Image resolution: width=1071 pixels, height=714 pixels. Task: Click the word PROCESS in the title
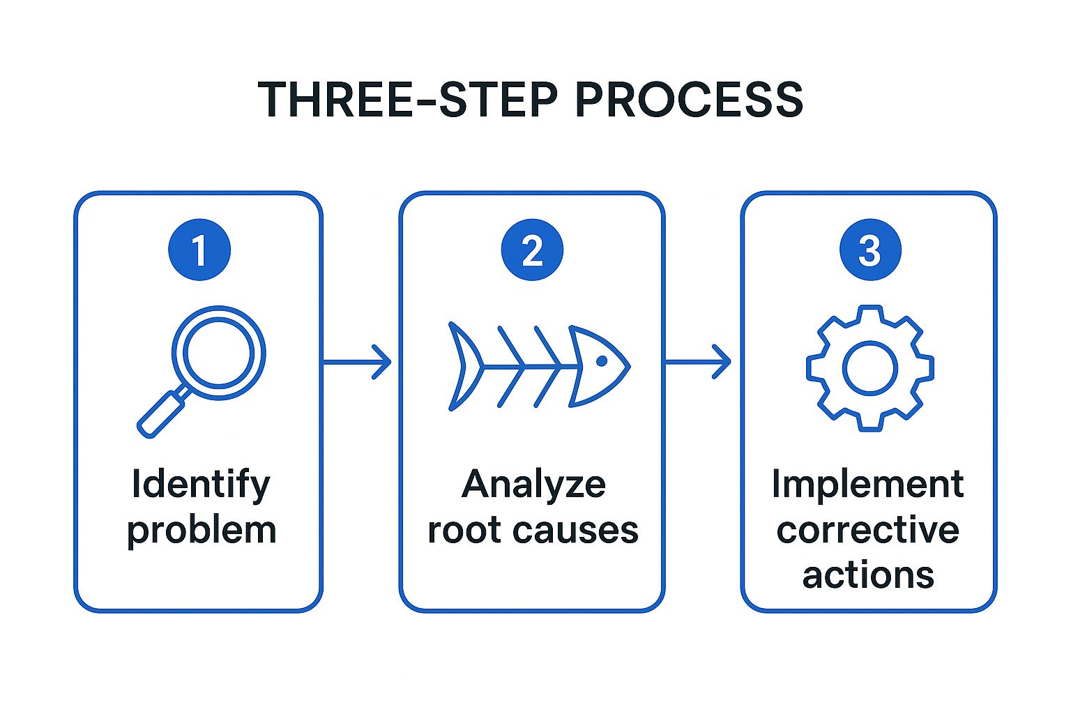point(689,100)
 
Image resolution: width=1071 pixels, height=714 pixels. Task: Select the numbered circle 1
point(199,250)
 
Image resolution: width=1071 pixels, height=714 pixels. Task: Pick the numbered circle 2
point(532,250)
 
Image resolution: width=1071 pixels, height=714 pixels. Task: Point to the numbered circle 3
point(870,250)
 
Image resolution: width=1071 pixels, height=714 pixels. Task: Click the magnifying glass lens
point(218,353)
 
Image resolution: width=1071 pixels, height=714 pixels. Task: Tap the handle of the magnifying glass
point(161,413)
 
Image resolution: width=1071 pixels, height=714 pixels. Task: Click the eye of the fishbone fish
point(602,361)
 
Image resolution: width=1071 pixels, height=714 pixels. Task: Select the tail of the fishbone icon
point(464,366)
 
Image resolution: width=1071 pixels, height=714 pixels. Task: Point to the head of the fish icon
point(599,366)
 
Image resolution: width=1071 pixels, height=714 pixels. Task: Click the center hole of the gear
point(869,368)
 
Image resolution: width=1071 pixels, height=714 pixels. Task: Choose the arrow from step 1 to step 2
point(357,362)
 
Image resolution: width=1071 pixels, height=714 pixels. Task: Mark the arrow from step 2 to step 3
point(697,362)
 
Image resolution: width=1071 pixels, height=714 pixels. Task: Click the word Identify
point(201,485)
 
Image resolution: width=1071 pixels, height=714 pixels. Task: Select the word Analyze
point(533,485)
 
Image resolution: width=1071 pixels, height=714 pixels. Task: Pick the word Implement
point(868,485)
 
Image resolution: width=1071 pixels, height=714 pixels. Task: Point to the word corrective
point(868,530)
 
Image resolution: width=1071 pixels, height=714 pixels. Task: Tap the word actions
point(868,575)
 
